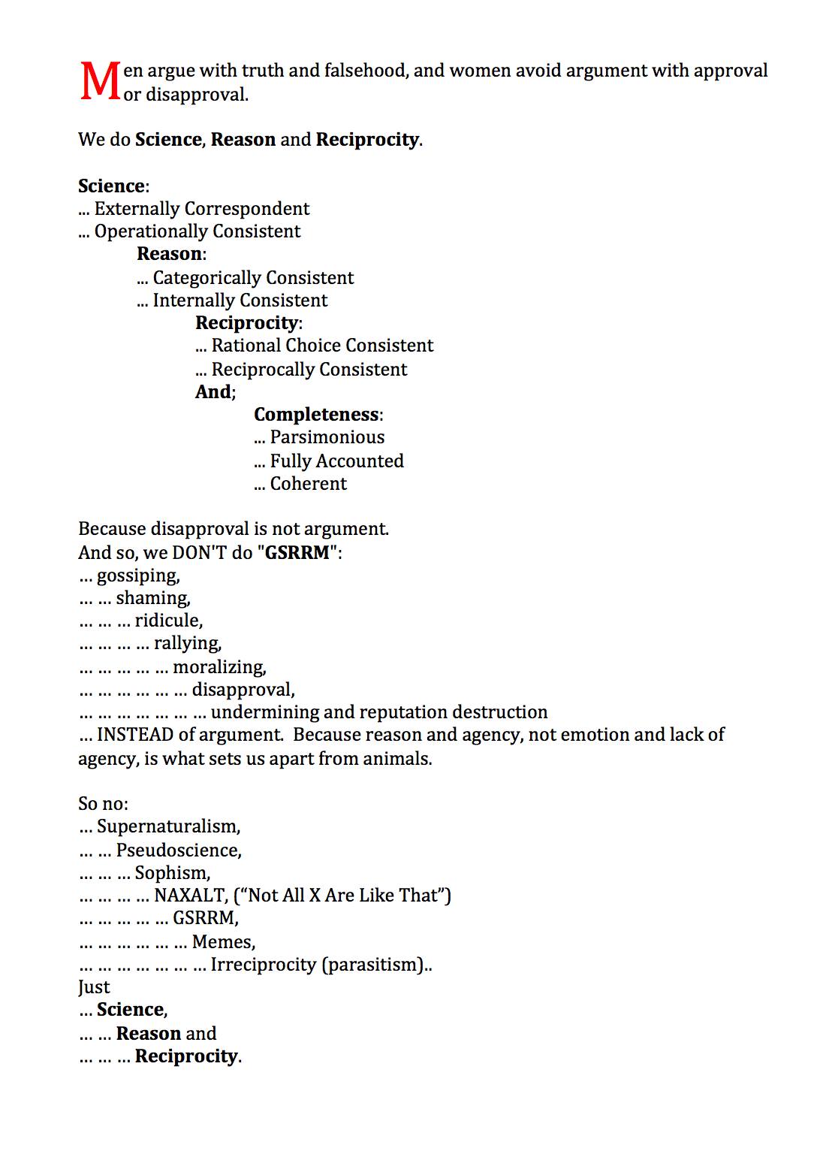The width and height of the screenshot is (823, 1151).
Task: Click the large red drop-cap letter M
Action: coord(99,81)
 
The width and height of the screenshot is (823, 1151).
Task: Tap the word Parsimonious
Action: coord(327,437)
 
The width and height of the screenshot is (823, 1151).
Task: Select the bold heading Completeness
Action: coord(316,415)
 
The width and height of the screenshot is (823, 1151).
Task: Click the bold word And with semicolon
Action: coord(214,392)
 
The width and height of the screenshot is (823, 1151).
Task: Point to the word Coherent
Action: coord(308,484)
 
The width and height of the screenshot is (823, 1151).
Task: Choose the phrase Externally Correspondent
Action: coord(201,209)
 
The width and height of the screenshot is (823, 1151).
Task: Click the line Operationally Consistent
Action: coord(197,231)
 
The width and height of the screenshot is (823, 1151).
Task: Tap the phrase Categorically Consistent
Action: coord(253,278)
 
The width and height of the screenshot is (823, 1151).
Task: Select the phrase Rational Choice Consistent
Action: coord(322,346)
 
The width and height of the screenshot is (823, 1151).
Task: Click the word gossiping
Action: coord(137,576)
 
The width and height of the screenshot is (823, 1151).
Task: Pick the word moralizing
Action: coord(219,667)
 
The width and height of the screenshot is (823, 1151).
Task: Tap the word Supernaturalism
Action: coord(167,827)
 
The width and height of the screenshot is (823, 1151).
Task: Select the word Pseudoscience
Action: coord(178,850)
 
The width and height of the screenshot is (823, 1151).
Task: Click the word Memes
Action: coord(222,942)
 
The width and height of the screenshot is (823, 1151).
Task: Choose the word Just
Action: coord(94,987)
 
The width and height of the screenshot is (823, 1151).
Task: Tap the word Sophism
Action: coord(171,873)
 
